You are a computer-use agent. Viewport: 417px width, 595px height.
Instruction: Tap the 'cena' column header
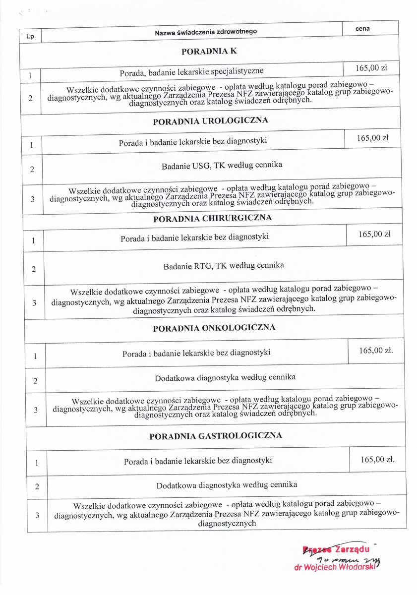coord(362,29)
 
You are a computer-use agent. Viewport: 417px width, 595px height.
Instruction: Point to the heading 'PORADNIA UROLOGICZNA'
coord(210,120)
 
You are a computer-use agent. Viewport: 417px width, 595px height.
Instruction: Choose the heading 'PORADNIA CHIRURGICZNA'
coord(212,218)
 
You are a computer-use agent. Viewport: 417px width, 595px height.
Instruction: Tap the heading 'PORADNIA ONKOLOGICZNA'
coord(214,328)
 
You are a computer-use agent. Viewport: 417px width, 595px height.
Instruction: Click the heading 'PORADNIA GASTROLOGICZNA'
coord(216,435)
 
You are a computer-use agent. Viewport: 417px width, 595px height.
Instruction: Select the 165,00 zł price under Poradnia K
coord(371,68)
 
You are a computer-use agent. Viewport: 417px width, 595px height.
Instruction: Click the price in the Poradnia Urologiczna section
coord(372,138)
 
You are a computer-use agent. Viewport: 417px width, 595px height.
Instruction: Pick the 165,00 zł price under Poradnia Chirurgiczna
coord(374,234)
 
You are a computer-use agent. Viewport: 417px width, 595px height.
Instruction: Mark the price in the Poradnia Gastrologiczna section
coord(378,459)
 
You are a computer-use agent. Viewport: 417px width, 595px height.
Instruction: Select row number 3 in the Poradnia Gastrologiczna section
coord(37,516)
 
